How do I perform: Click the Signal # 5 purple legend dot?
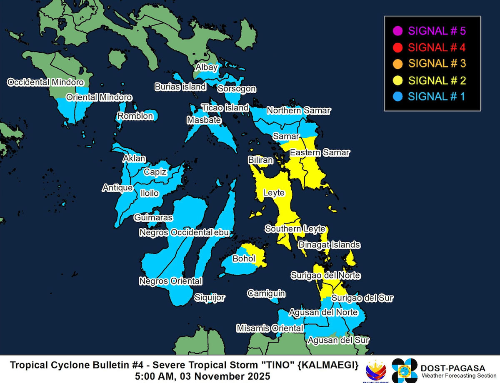[397, 30]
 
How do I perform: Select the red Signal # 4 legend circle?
[397, 47]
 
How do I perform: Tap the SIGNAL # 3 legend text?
[436, 63]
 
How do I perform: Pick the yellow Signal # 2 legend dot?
[397, 80]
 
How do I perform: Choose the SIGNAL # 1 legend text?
[436, 97]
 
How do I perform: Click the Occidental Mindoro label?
[45, 82]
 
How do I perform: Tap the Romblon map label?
[135, 116]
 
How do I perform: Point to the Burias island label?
[180, 87]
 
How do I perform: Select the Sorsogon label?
[237, 89]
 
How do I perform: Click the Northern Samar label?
[298, 111]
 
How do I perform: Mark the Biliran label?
[260, 160]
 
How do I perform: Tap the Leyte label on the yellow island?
[274, 193]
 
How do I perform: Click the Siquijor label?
[210, 298]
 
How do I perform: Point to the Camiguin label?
[266, 293]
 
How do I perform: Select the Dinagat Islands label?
[329, 245]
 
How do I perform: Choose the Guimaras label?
[153, 218]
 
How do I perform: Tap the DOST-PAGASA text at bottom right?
[452, 368]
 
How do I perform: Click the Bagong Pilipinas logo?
[376, 370]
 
